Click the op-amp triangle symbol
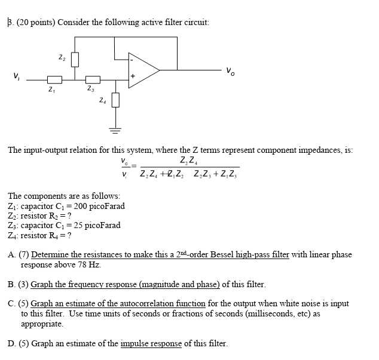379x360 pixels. click(142, 70)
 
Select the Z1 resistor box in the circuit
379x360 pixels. click(54, 79)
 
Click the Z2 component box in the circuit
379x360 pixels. click(75, 60)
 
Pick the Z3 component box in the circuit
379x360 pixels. click(93, 79)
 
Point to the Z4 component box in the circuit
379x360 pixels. click(115, 100)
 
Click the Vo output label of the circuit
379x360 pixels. click(230, 72)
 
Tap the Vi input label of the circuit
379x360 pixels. click(16, 76)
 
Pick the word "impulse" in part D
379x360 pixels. click(136, 343)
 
